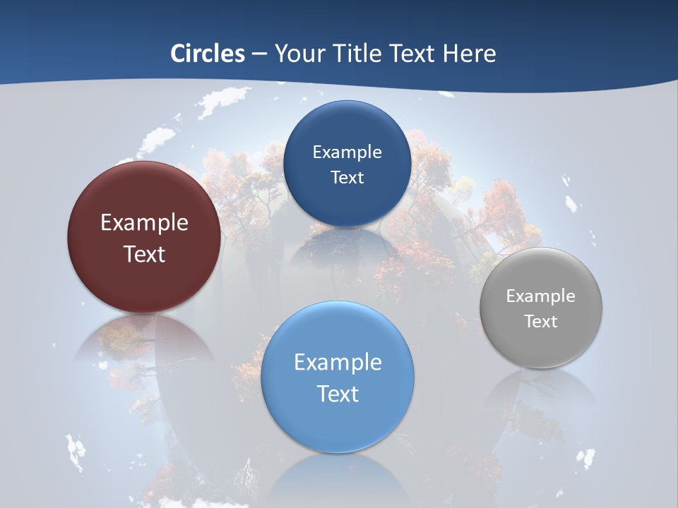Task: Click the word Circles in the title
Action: click(x=207, y=54)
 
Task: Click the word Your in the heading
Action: click(x=299, y=54)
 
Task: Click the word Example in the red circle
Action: click(x=144, y=223)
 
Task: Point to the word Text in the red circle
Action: click(x=144, y=254)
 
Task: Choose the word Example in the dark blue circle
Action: click(x=347, y=152)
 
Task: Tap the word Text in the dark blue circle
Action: click(x=347, y=177)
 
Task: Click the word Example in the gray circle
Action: click(x=540, y=296)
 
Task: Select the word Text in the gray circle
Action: click(x=540, y=322)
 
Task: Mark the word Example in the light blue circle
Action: click(x=338, y=363)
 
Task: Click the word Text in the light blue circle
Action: click(x=338, y=394)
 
